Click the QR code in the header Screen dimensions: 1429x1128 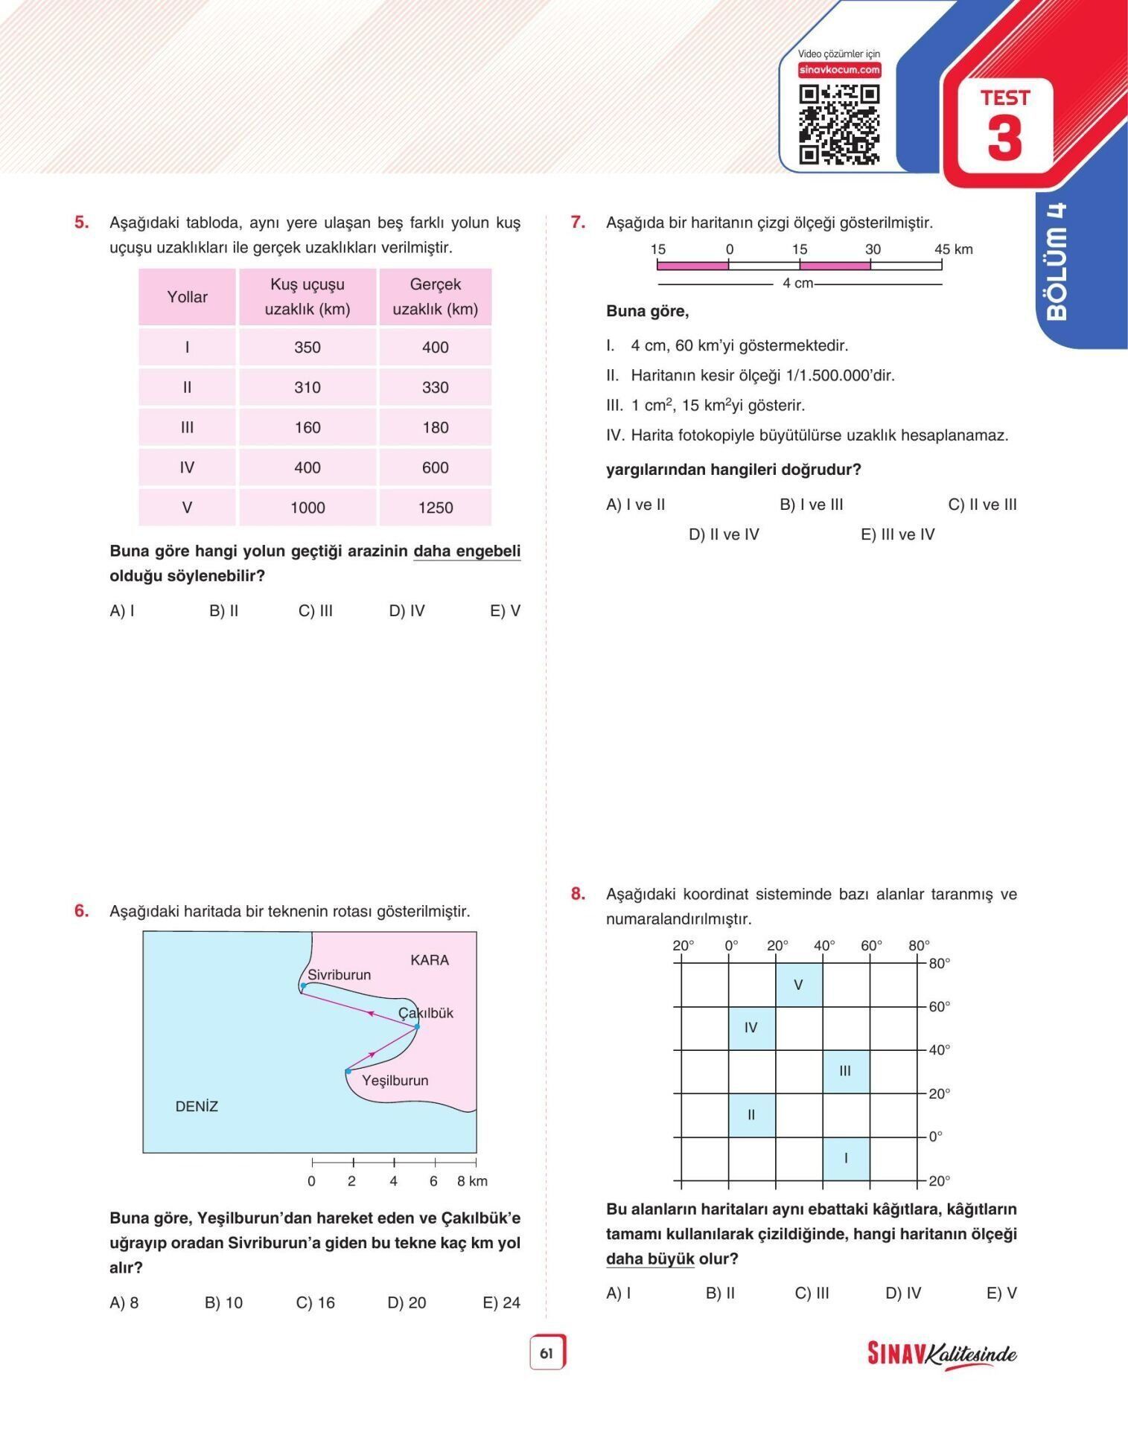[x=839, y=124]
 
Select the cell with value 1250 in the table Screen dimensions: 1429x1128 [x=436, y=508]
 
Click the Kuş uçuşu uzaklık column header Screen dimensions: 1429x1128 [x=308, y=296]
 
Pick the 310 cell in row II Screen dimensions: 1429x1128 [x=308, y=387]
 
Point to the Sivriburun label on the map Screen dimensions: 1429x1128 [x=339, y=974]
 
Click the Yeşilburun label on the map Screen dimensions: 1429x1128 [x=395, y=1080]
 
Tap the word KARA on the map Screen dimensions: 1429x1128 [x=430, y=960]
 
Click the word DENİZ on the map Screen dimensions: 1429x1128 [x=197, y=1106]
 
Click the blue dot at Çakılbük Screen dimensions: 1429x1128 [x=417, y=1026]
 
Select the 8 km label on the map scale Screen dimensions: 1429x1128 [x=472, y=1181]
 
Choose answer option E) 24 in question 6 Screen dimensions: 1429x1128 [x=501, y=1302]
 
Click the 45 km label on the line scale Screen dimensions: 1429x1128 [x=953, y=249]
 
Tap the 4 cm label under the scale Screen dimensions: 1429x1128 [x=798, y=284]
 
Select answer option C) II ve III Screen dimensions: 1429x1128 [x=982, y=505]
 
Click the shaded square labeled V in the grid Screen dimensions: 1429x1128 [x=798, y=985]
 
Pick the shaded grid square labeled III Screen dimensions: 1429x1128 [x=845, y=1071]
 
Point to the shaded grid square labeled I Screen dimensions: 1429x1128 [x=846, y=1158]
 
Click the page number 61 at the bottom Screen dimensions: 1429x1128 [x=547, y=1353]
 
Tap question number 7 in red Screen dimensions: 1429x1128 [x=578, y=222]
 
